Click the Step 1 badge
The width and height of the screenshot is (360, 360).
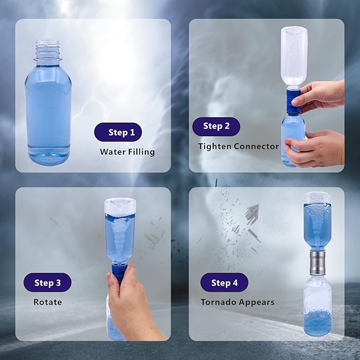(x=118, y=132)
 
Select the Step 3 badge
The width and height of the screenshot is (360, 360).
(x=48, y=283)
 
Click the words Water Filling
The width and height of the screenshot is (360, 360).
(x=127, y=152)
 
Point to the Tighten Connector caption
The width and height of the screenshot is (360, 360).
(x=238, y=146)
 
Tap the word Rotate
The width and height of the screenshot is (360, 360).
(x=48, y=302)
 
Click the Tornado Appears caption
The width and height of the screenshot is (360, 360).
(x=237, y=302)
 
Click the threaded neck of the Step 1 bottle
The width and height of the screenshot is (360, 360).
(x=48, y=49)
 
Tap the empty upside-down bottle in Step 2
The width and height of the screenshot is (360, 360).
(x=294, y=56)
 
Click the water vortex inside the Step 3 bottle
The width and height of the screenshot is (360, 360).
(x=120, y=233)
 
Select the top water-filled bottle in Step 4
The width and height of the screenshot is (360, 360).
(x=318, y=220)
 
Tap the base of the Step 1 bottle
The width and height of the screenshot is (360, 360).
(x=48, y=154)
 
